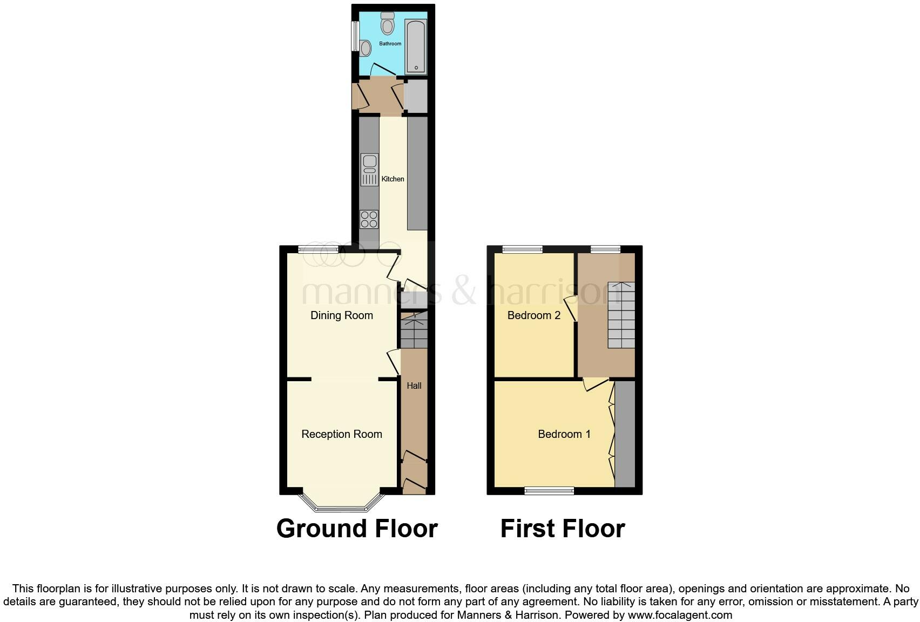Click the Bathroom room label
(390, 43)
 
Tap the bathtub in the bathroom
(416, 47)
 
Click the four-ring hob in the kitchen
(369, 220)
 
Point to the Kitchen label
(393, 179)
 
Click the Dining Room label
(341, 315)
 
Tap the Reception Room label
(341, 434)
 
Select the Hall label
(414, 386)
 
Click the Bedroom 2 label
(533, 315)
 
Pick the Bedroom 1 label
(564, 434)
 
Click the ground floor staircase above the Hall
(414, 330)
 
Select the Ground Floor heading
(357, 529)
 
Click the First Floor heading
(563, 529)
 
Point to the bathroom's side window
(355, 36)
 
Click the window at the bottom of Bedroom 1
(549, 490)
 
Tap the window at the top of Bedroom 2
(522, 249)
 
